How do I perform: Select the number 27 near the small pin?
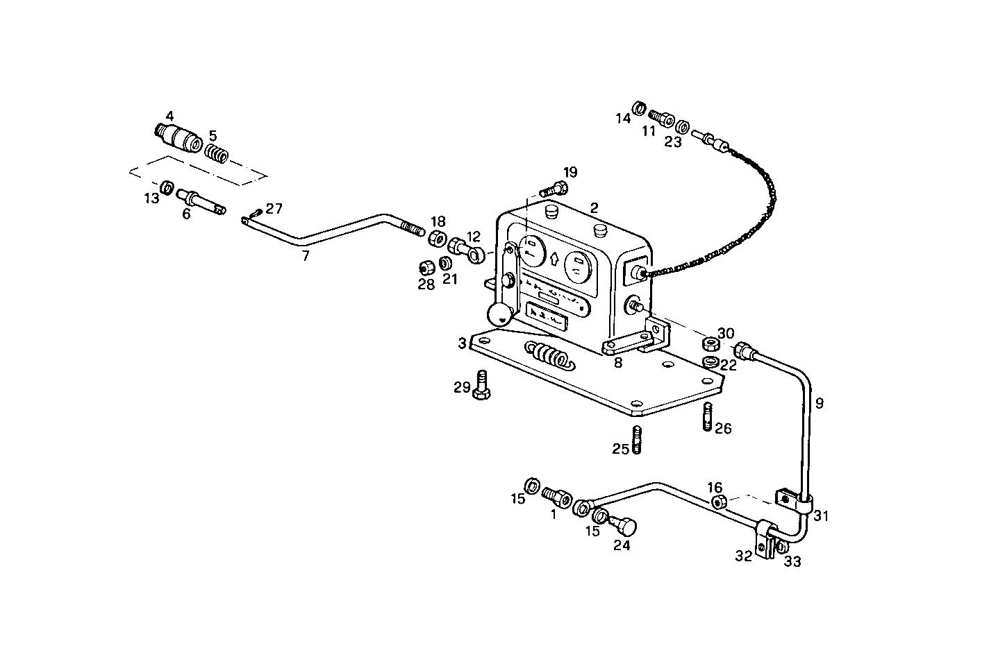pyautogui.click(x=274, y=208)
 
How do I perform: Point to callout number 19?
pyautogui.click(x=570, y=172)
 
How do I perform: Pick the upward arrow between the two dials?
pyautogui.click(x=554, y=260)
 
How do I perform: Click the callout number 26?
pyautogui.click(x=723, y=429)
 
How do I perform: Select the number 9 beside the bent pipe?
pyautogui.click(x=820, y=403)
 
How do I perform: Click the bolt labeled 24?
pyautogui.click(x=624, y=528)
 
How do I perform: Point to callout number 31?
pyautogui.click(x=822, y=516)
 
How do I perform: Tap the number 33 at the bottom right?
pyautogui.click(x=792, y=562)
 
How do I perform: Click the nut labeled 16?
pyautogui.click(x=720, y=502)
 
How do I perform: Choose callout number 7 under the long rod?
pyautogui.click(x=305, y=255)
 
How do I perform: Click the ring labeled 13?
pyautogui.click(x=167, y=187)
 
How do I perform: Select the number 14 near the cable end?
pyautogui.click(x=623, y=119)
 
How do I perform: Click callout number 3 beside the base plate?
pyautogui.click(x=462, y=343)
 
